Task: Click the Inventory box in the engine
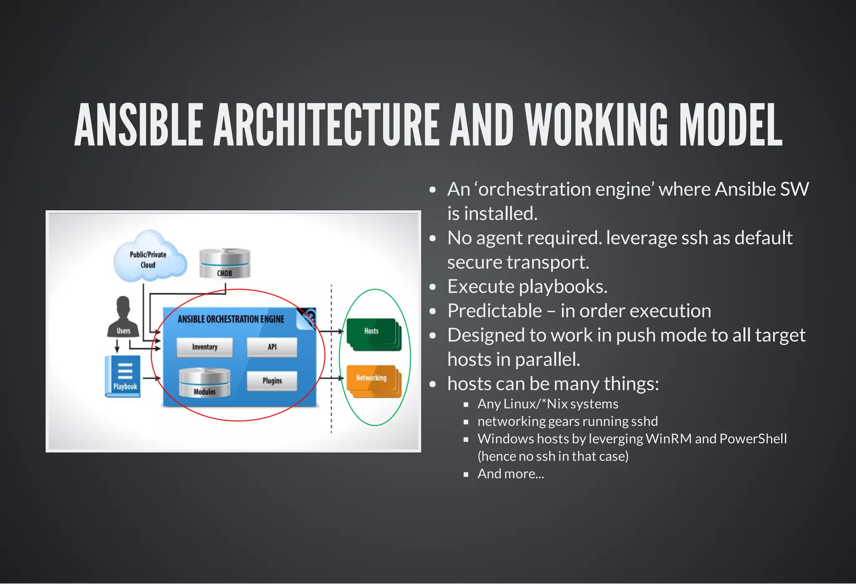click(x=204, y=347)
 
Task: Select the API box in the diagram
click(x=272, y=347)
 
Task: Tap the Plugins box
click(x=272, y=381)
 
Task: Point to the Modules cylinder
click(x=204, y=383)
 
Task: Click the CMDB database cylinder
click(x=224, y=264)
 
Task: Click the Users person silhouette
click(x=123, y=318)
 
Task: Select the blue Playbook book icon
click(x=123, y=376)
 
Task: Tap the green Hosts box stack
click(x=372, y=334)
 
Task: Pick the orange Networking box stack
click(x=372, y=380)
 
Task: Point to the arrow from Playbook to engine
click(x=153, y=378)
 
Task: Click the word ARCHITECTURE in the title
click(x=326, y=125)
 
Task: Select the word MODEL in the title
click(x=730, y=125)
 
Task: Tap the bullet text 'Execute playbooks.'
click(x=527, y=287)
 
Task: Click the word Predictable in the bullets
click(x=494, y=311)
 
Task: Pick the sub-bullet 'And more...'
click(x=511, y=474)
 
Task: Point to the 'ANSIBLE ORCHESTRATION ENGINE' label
click(x=231, y=319)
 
